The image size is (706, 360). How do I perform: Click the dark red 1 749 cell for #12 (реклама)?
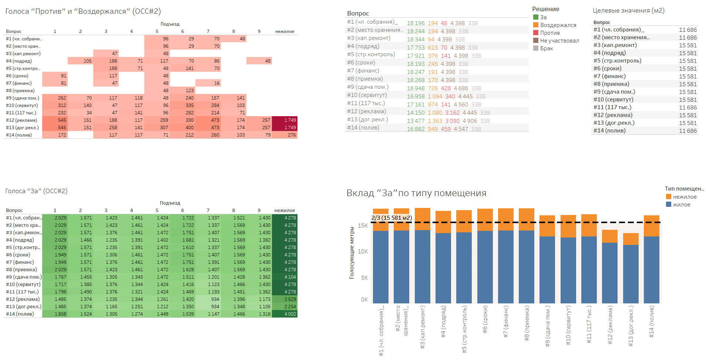[285, 120]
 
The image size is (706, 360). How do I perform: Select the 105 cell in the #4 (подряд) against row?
[80, 61]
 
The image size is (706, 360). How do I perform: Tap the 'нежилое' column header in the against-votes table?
[285, 31]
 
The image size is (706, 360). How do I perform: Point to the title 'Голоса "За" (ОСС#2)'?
[36, 191]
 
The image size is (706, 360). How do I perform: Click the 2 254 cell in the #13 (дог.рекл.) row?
[285, 307]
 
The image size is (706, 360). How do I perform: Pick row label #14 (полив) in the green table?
[20, 314]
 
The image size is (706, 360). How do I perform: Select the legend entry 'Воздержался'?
[558, 25]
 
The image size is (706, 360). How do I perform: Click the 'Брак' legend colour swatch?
[536, 48]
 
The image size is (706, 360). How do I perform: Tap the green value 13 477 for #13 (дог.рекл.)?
[416, 121]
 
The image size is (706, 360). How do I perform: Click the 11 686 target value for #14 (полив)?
[687, 131]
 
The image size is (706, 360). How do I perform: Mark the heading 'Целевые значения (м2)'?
[628, 11]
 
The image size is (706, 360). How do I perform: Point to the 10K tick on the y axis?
[363, 252]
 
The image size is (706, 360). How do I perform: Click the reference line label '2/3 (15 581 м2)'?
[391, 218]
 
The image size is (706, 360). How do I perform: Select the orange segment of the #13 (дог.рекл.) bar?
[631, 239]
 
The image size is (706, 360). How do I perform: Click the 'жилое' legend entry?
[681, 205]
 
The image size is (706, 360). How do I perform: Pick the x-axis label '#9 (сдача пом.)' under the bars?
[548, 326]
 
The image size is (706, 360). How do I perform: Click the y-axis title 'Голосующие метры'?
[352, 253]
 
